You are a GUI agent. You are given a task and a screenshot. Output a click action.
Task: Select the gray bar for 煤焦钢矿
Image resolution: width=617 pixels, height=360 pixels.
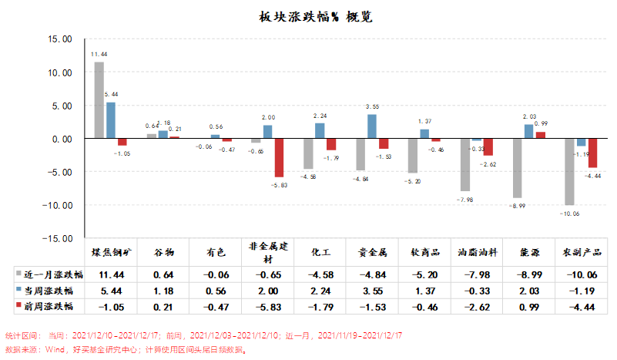click(99, 100)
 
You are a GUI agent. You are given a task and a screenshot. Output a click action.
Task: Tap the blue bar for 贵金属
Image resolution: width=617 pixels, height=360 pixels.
click(372, 126)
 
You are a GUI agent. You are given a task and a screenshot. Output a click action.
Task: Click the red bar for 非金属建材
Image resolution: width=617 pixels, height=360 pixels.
click(278, 158)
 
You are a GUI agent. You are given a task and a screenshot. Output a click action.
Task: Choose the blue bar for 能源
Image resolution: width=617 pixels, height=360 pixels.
click(528, 132)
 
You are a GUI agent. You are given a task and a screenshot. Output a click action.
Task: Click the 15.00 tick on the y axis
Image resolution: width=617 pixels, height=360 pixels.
click(60, 39)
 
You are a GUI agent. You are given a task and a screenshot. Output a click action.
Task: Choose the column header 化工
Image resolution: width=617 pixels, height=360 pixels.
click(320, 252)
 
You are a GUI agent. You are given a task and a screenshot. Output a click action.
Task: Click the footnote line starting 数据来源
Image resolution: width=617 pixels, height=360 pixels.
click(123, 349)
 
